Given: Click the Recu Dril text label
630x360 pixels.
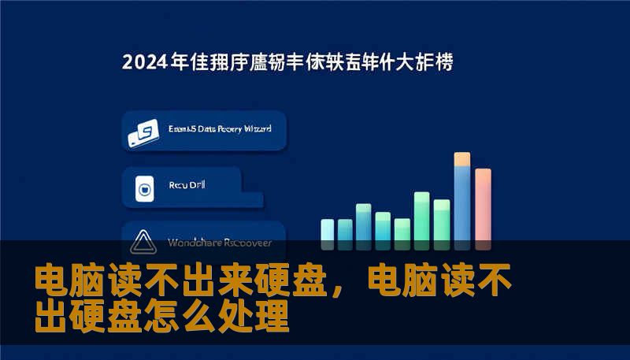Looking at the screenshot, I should [x=187, y=186].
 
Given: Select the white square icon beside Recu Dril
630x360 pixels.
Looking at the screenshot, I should [x=143, y=189].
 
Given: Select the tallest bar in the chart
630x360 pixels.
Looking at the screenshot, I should [x=462, y=201].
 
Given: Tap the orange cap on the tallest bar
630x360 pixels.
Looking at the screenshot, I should [x=462, y=159].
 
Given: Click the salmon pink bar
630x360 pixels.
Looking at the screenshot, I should [x=483, y=206].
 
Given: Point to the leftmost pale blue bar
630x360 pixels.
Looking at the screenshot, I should [x=328, y=230].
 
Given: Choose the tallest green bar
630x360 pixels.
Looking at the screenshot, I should [x=422, y=217].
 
